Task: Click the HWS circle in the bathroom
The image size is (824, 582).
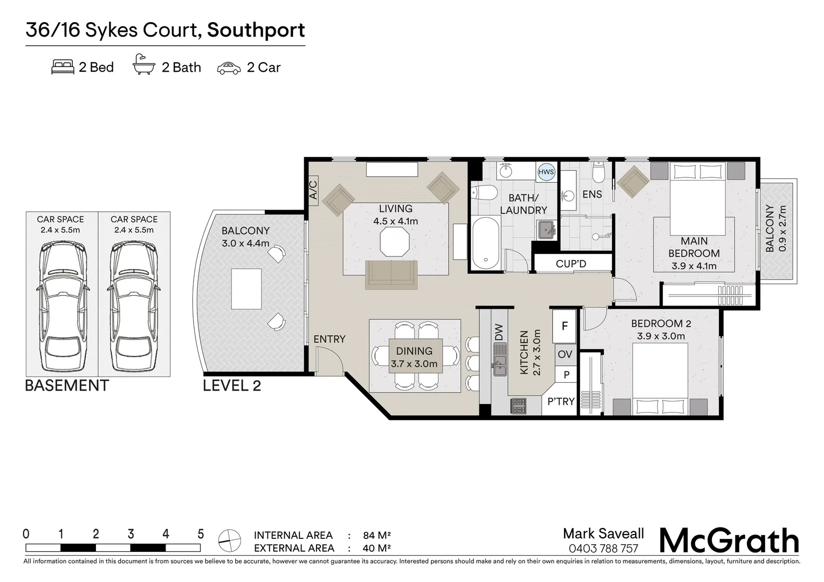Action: point(546,172)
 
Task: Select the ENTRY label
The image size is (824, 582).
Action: point(329,339)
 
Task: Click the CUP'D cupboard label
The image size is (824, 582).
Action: point(571,264)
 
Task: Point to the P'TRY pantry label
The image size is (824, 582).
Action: point(561,401)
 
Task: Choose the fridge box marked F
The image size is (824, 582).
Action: point(564,326)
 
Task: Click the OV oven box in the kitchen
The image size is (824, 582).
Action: point(565,355)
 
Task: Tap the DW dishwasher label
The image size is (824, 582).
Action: point(499,332)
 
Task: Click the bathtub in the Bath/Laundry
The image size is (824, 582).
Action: point(486,243)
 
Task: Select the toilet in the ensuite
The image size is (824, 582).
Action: point(599,172)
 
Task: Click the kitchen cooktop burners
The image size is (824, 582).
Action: point(519,406)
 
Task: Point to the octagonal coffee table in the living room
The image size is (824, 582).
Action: point(395,241)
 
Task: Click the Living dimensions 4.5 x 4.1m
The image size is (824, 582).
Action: point(395,221)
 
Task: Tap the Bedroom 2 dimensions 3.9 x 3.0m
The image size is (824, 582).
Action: point(661,336)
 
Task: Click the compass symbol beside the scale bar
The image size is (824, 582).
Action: point(230,541)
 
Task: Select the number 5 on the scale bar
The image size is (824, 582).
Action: point(201,534)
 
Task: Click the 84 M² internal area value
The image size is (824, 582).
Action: point(377,535)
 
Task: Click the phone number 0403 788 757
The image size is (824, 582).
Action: point(603,549)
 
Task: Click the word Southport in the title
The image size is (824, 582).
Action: point(256,30)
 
